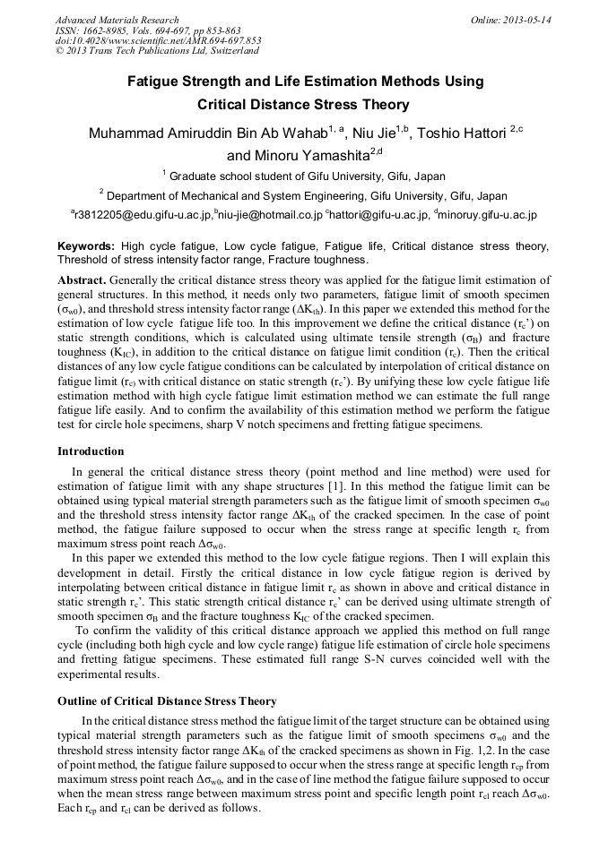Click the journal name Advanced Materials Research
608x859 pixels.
tap(117, 20)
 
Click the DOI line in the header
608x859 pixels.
tap(158, 40)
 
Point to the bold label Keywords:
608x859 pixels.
tap(86, 246)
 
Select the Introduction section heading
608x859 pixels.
tap(91, 451)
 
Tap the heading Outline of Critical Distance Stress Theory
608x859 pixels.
tap(167, 700)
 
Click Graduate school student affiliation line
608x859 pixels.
tap(304, 176)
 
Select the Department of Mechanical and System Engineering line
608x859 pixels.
tap(304, 195)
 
